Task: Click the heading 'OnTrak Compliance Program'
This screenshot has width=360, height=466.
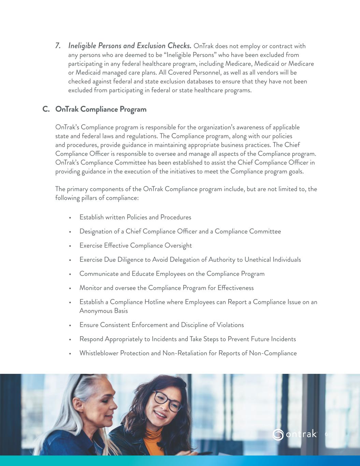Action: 101,109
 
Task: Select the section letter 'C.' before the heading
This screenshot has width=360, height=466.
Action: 46,109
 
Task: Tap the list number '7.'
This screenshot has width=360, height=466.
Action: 58,46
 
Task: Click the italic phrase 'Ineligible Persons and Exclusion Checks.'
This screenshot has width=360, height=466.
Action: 130,46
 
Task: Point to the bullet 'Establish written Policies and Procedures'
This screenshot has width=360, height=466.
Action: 135,217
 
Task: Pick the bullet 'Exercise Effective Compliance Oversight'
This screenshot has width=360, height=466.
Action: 135,246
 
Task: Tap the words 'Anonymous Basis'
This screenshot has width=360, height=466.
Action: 103,311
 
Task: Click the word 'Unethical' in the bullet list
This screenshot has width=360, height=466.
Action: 257,260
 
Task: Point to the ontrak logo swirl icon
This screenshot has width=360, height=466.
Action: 278,434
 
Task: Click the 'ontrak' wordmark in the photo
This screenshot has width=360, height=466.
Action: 301,434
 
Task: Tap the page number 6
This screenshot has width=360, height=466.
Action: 326,434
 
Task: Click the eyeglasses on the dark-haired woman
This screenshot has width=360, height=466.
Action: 166,401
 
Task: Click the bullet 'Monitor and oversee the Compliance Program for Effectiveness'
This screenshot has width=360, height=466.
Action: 167,288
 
